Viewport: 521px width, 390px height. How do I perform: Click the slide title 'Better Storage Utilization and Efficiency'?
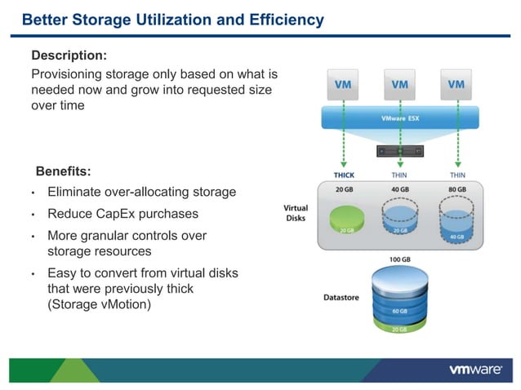click(x=172, y=20)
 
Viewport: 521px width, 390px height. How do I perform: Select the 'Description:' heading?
click(x=69, y=55)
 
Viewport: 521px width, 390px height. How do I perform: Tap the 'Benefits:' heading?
click(x=63, y=171)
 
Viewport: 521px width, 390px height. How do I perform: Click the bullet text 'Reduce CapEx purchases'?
click(x=122, y=214)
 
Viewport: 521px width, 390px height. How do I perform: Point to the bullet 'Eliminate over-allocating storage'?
click(x=141, y=193)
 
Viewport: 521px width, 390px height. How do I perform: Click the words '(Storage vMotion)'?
click(x=99, y=304)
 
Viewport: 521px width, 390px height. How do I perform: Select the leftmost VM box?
click(x=344, y=85)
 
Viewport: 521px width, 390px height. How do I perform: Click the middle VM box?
click(x=399, y=85)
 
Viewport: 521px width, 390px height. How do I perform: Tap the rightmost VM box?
click(x=456, y=85)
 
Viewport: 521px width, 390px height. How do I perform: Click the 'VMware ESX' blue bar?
click(x=400, y=118)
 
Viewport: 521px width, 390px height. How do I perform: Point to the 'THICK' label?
click(x=344, y=175)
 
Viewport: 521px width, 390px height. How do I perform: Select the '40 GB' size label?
click(x=400, y=189)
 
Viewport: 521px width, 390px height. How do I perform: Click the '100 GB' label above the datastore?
click(x=400, y=259)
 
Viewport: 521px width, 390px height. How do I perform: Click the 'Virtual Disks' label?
click(x=296, y=213)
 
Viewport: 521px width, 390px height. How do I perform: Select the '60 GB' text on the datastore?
click(x=400, y=312)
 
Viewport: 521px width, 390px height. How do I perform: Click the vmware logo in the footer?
click(x=475, y=369)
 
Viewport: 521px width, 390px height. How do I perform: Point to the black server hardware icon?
click(x=400, y=151)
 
